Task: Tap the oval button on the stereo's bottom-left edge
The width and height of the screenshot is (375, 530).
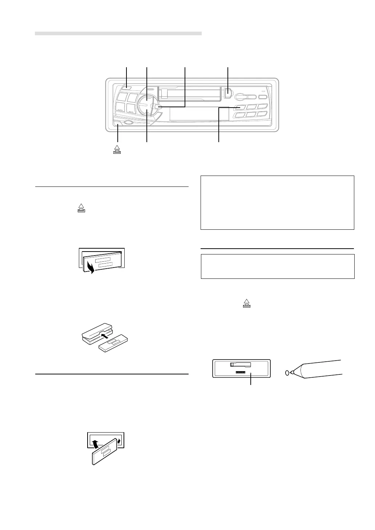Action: click(x=128, y=123)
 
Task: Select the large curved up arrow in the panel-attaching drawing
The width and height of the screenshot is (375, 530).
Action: click(x=95, y=444)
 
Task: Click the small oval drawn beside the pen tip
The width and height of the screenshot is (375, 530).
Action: click(x=287, y=373)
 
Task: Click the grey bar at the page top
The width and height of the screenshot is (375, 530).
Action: click(x=118, y=33)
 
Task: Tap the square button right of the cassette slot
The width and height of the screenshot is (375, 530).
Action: click(x=227, y=92)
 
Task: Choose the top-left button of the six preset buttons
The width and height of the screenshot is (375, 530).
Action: click(x=240, y=107)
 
